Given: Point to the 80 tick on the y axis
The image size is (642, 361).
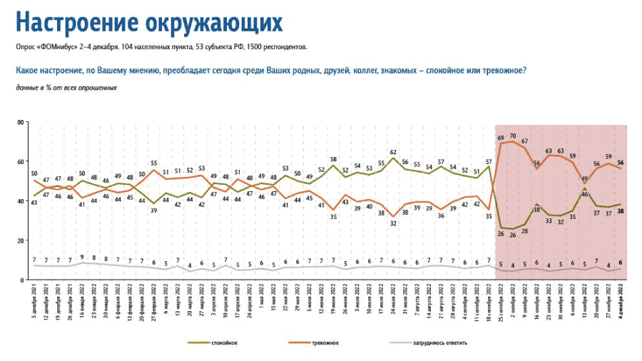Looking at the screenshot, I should pyautogui.click(x=21, y=123).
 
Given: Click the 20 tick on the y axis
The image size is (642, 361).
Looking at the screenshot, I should pyautogui.click(x=21, y=240).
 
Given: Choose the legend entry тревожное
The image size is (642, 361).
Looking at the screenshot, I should pyautogui.click(x=325, y=343).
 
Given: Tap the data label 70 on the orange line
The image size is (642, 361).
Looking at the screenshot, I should pyautogui.click(x=512, y=135).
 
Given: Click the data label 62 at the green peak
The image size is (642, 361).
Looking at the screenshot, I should pyautogui.click(x=392, y=152).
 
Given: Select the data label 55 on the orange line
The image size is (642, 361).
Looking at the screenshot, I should pyautogui.click(x=153, y=163).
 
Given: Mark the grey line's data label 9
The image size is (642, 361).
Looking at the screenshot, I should pyautogui.click(x=83, y=258).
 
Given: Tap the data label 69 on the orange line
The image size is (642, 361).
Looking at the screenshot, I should pyautogui.click(x=501, y=137).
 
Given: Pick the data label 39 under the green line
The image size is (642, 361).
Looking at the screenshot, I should pyautogui.click(x=153, y=211).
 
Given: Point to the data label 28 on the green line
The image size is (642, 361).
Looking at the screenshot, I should pyautogui.click(x=524, y=231).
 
